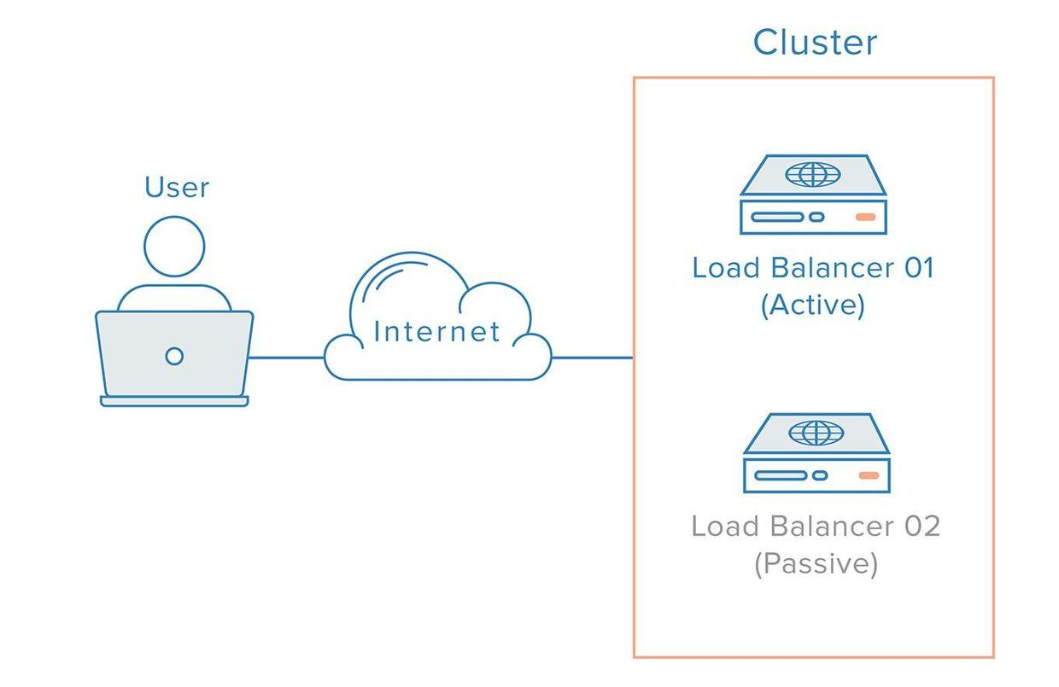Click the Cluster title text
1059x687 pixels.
point(815,42)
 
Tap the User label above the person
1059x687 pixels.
point(177,187)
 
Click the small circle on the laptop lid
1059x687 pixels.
point(174,356)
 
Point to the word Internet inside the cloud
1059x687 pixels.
point(437,331)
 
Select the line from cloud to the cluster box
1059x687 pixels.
point(591,358)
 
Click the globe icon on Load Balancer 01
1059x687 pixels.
point(812,175)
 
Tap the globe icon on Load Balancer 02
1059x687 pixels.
point(816,433)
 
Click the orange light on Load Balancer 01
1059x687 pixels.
point(865,217)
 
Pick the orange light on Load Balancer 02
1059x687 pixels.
point(869,475)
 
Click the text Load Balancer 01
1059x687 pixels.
point(813,268)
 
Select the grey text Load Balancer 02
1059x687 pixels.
point(816,526)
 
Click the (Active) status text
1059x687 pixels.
point(813,305)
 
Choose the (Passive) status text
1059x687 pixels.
point(816,563)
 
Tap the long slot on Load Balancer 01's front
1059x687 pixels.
point(777,217)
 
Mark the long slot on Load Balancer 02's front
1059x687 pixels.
point(779,475)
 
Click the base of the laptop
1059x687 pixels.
point(174,401)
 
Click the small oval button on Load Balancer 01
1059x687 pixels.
point(816,217)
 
